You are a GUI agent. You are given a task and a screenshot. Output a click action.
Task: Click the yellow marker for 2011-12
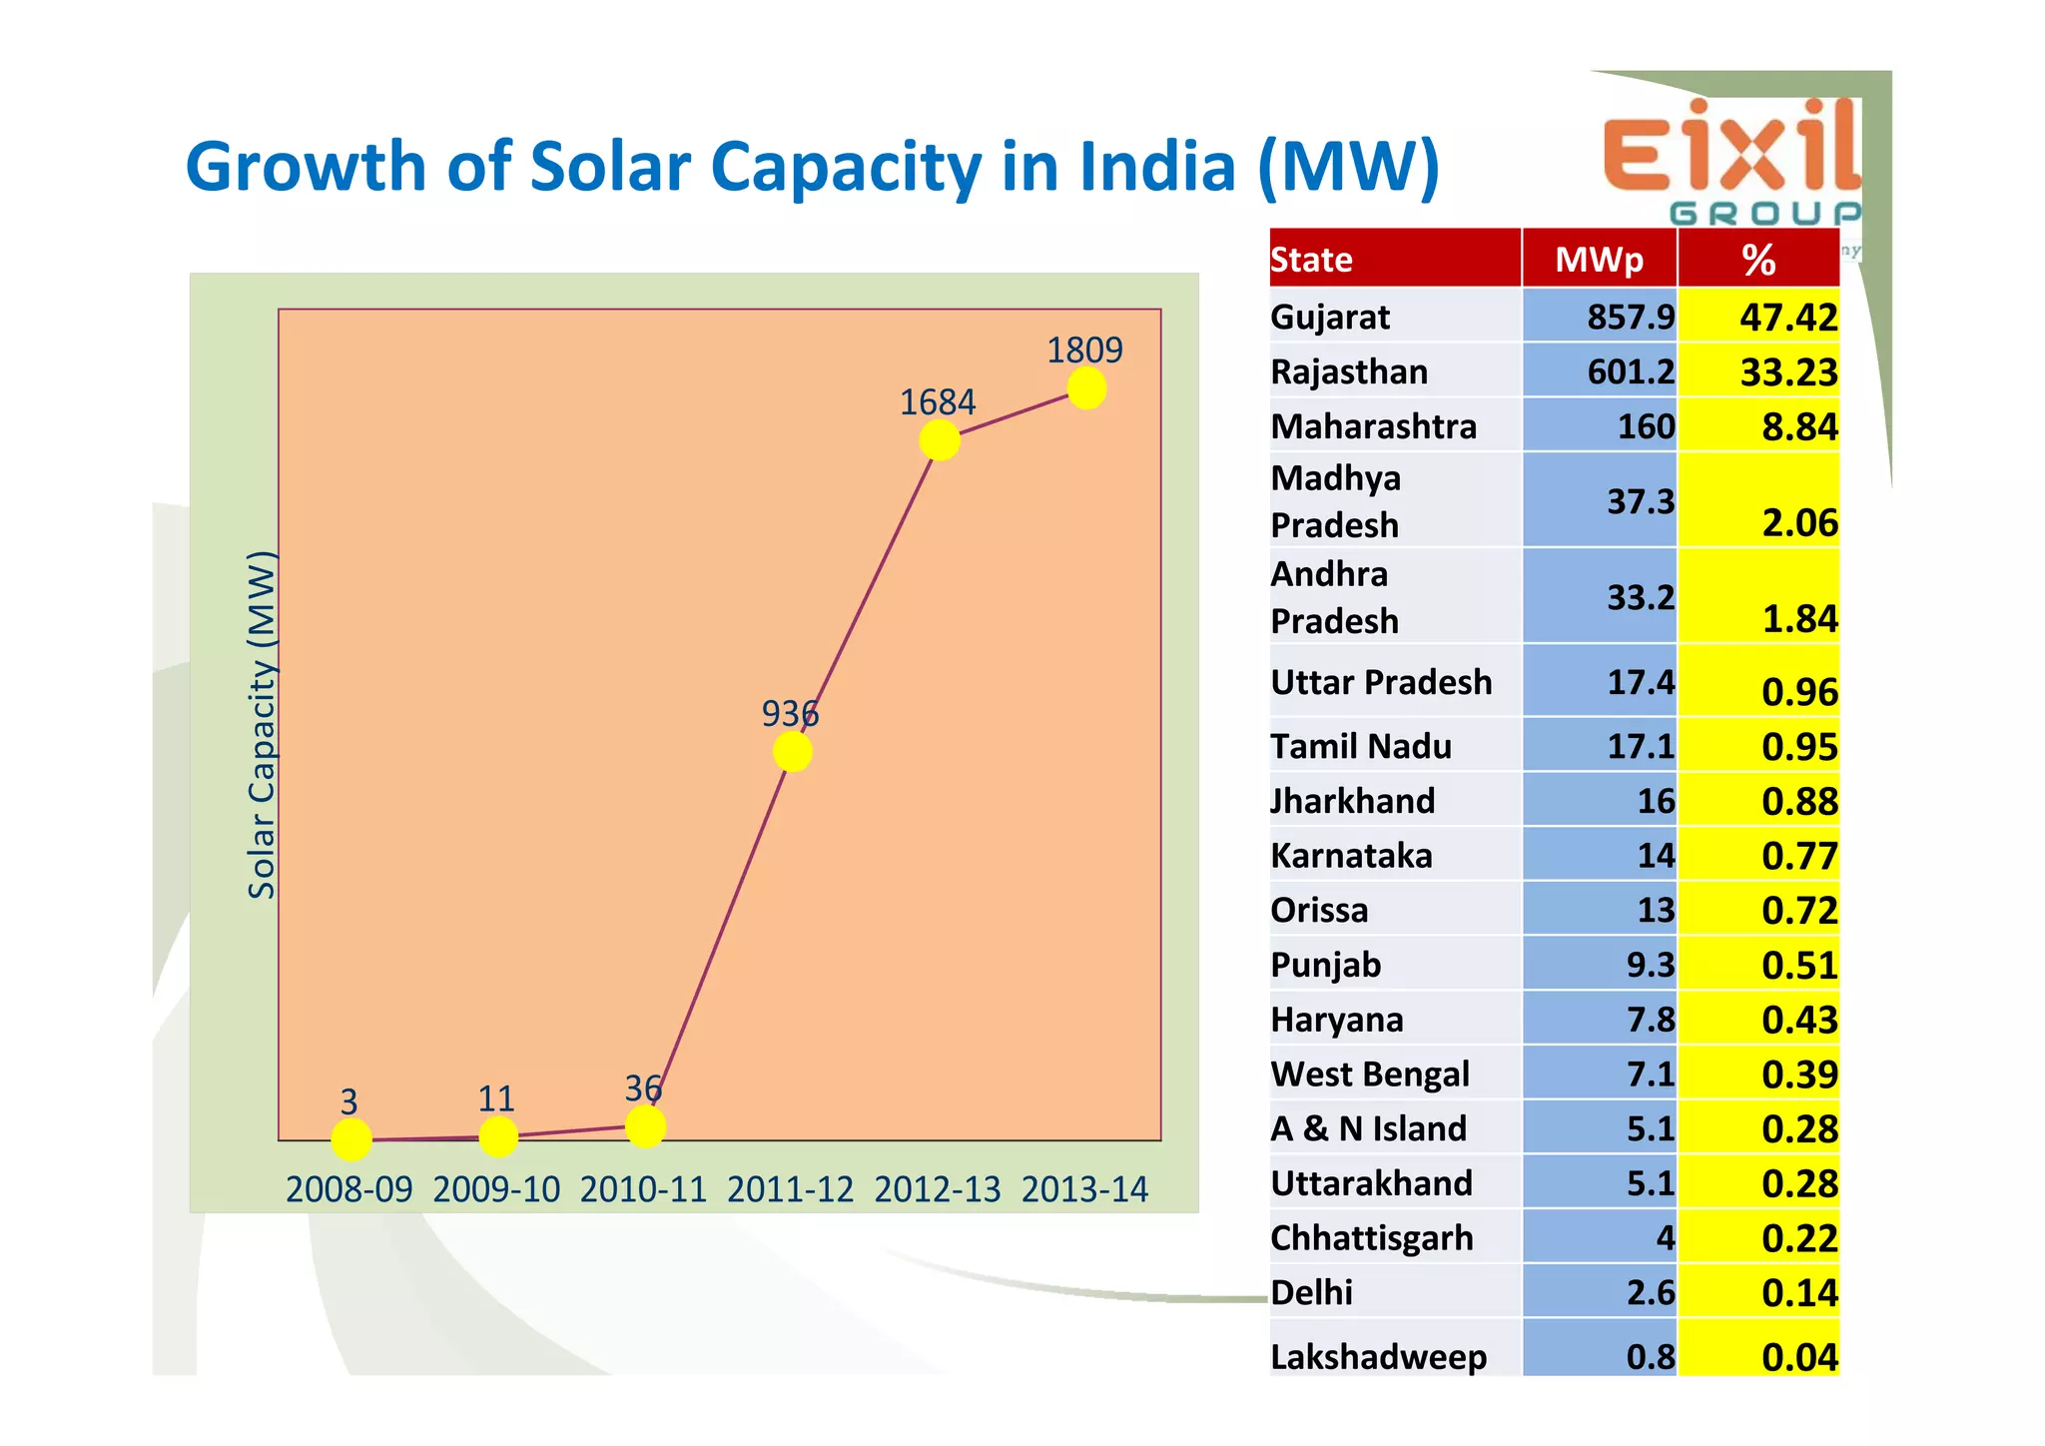pos(792,751)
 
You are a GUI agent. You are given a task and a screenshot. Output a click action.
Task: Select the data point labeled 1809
pos(1086,387)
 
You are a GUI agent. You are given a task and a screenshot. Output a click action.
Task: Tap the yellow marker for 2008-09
pos(350,1139)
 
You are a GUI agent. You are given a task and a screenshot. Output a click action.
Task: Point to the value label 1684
pos(937,402)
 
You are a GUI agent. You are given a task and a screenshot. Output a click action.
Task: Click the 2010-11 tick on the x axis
pos(643,1189)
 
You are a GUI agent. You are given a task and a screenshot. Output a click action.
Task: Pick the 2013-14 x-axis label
pos(1084,1189)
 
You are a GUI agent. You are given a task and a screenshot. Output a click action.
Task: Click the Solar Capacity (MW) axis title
pos(262,724)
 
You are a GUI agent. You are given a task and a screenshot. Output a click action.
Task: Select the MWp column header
pos(1599,260)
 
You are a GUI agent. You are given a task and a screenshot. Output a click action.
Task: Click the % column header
pos(1758,260)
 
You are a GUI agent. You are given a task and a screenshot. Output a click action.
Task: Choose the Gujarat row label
pos(1330,317)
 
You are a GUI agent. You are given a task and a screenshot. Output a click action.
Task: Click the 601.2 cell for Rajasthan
pos(1631,371)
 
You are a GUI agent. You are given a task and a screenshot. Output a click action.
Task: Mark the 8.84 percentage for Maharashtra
pos(1799,426)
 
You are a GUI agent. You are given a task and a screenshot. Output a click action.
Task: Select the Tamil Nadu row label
pos(1361,746)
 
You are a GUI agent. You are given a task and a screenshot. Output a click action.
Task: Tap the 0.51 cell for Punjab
pos(1799,965)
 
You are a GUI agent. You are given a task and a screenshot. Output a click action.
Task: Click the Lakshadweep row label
pos(1378,1356)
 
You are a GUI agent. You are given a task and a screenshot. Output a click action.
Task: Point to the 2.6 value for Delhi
pos(1651,1292)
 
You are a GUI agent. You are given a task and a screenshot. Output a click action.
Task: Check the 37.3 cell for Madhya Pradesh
pos(1640,500)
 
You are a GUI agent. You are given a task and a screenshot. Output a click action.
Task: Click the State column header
pos(1312,260)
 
